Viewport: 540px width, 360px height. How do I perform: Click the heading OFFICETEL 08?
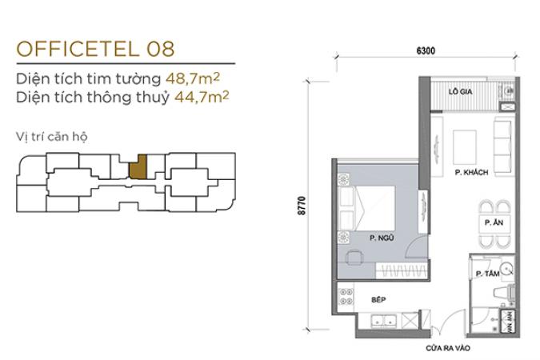[95, 49]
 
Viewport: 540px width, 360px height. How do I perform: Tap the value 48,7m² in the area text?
[193, 78]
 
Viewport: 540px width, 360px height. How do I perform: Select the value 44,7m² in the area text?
[202, 97]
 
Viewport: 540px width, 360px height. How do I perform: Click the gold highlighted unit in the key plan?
[138, 166]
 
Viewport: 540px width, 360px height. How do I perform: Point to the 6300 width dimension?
[426, 51]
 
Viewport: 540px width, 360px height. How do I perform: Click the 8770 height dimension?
[302, 206]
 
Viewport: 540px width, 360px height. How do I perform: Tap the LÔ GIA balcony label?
[460, 92]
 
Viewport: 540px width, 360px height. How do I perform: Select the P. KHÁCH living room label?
[471, 172]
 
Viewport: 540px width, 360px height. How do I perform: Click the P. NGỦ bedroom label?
[382, 238]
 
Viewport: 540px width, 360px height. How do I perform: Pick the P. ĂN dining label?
[494, 222]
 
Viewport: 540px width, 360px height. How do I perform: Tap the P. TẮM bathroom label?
[488, 274]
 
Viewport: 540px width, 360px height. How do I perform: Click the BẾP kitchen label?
[378, 300]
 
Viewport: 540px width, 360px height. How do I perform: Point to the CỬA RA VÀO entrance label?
[448, 348]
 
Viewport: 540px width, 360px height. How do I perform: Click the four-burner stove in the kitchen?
[346, 296]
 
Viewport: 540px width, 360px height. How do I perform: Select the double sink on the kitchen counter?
[383, 320]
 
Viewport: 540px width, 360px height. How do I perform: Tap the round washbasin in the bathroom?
[506, 269]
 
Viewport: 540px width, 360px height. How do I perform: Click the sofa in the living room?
[502, 146]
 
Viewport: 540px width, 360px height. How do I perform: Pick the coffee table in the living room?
[465, 147]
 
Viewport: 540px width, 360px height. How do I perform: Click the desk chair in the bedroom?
[354, 257]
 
